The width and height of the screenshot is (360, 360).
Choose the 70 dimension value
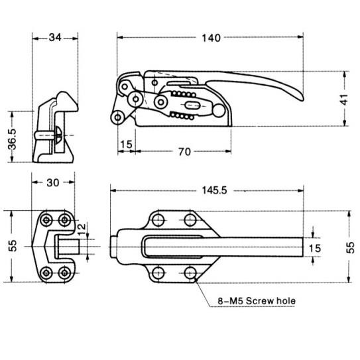click(184, 152)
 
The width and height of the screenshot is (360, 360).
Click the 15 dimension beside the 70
click(126, 144)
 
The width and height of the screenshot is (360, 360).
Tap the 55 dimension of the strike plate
click(13, 246)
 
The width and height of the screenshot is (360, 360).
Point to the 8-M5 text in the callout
click(230, 300)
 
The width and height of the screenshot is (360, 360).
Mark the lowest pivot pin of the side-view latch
click(117, 117)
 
